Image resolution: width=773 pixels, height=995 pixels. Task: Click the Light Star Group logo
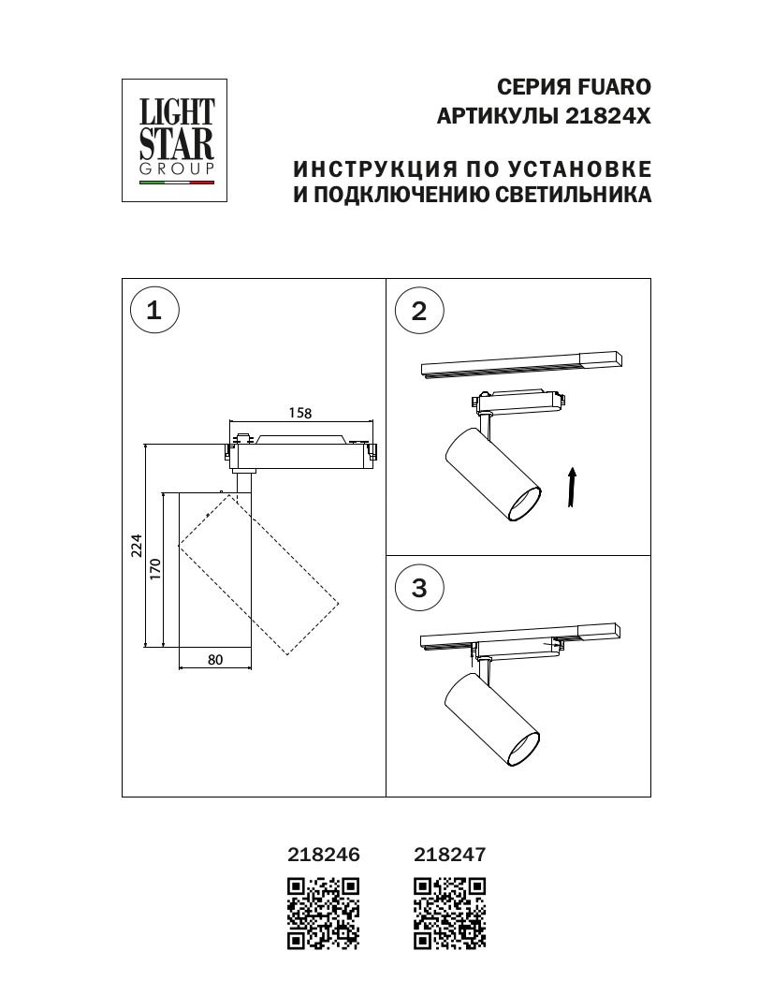pos(175,140)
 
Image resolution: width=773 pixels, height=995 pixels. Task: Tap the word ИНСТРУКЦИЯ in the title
pos(376,169)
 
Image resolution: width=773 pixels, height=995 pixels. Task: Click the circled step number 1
pos(154,310)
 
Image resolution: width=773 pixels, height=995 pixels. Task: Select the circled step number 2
pos(418,310)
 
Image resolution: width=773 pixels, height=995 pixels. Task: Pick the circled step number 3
pos(418,588)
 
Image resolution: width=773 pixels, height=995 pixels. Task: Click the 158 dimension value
pos(299,413)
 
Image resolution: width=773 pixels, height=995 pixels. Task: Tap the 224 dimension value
pos(136,545)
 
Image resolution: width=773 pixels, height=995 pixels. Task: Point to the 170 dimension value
pos(155,568)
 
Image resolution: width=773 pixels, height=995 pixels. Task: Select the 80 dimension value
pos(215,660)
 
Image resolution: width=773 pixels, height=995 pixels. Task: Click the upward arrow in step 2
pos(572,488)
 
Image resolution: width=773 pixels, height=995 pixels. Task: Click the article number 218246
pos(323,854)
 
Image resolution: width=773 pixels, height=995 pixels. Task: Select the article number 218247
pos(449,854)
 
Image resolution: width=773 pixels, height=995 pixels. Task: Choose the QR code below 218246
pos(323,913)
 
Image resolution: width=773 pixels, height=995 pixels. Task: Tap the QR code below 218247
pos(450,913)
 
